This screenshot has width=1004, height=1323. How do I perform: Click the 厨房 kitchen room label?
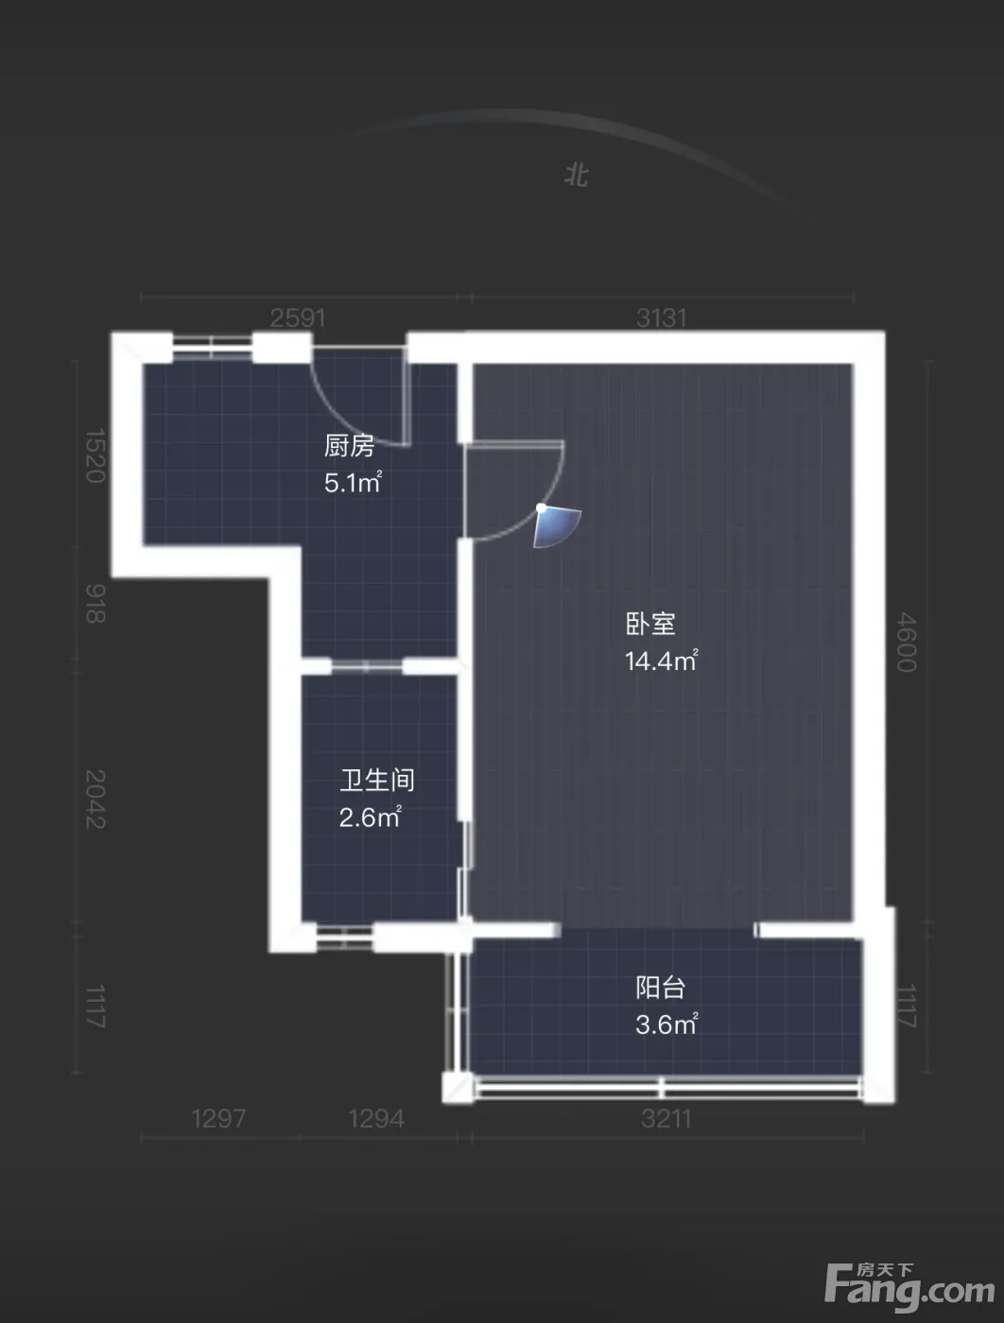tap(349, 446)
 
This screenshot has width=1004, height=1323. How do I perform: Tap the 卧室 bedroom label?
tap(650, 624)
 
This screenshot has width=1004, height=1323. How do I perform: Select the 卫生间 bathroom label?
tap(377, 781)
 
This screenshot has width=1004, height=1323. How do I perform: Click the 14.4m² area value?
tap(662, 661)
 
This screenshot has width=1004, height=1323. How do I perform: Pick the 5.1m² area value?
tap(353, 482)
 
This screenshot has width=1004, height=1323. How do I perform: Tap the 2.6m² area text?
tap(371, 816)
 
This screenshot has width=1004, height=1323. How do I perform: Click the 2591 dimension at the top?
tap(298, 318)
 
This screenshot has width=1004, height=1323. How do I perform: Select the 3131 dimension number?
tap(662, 318)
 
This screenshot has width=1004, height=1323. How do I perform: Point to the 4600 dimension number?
tap(907, 642)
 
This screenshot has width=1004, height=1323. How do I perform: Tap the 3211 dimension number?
tap(666, 1119)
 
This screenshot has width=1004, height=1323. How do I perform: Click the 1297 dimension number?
tap(219, 1119)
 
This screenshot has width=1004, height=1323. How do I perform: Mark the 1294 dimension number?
tap(377, 1119)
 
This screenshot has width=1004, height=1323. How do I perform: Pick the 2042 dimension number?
tap(95, 799)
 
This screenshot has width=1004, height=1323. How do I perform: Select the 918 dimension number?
tap(95, 603)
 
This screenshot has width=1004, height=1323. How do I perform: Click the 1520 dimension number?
tap(95, 455)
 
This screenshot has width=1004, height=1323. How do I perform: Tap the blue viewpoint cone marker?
tap(556, 526)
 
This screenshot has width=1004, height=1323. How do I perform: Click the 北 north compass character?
tap(577, 176)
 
